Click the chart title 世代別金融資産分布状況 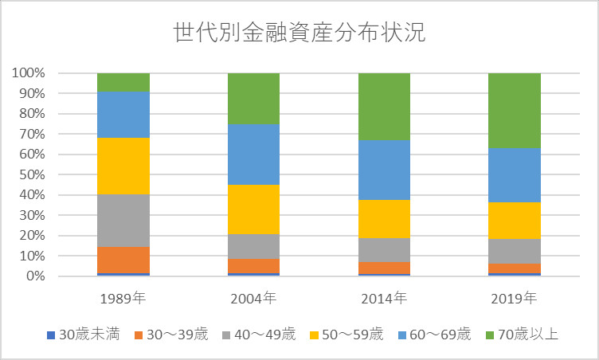tap(299, 33)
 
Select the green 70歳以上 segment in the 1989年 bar tap(123, 83)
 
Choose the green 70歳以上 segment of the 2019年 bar tap(514, 110)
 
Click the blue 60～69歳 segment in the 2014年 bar tap(384, 170)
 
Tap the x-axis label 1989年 tap(123, 299)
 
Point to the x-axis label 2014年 tap(384, 299)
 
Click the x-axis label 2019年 tap(514, 299)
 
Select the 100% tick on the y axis tap(28, 73)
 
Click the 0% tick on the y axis tap(34, 276)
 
